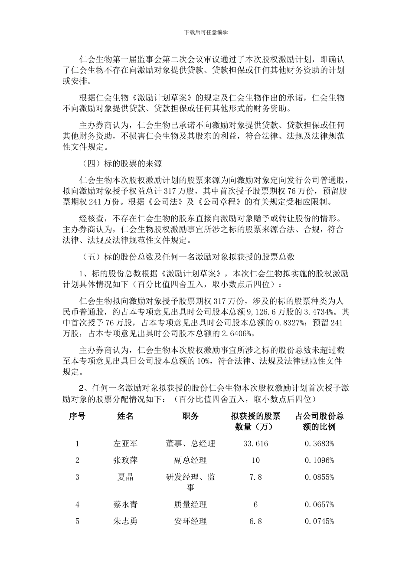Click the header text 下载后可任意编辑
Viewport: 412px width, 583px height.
(x=206, y=32)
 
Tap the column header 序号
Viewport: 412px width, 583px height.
(x=77, y=416)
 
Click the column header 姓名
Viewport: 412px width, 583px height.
(x=125, y=416)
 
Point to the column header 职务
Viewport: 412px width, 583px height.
(x=190, y=416)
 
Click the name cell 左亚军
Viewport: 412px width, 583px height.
(x=125, y=443)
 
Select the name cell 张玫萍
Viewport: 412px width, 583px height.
(x=125, y=460)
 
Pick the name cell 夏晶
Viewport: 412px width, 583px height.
(x=125, y=477)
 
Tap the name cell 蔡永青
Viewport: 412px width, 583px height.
(x=125, y=504)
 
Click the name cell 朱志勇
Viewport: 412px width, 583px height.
(x=125, y=521)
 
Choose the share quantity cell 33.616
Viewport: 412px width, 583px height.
(x=255, y=443)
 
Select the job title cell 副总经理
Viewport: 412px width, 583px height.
(x=190, y=460)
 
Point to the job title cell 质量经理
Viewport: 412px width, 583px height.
(x=190, y=504)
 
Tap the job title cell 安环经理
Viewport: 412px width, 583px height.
(x=190, y=521)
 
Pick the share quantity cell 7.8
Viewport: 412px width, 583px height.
(x=255, y=477)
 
